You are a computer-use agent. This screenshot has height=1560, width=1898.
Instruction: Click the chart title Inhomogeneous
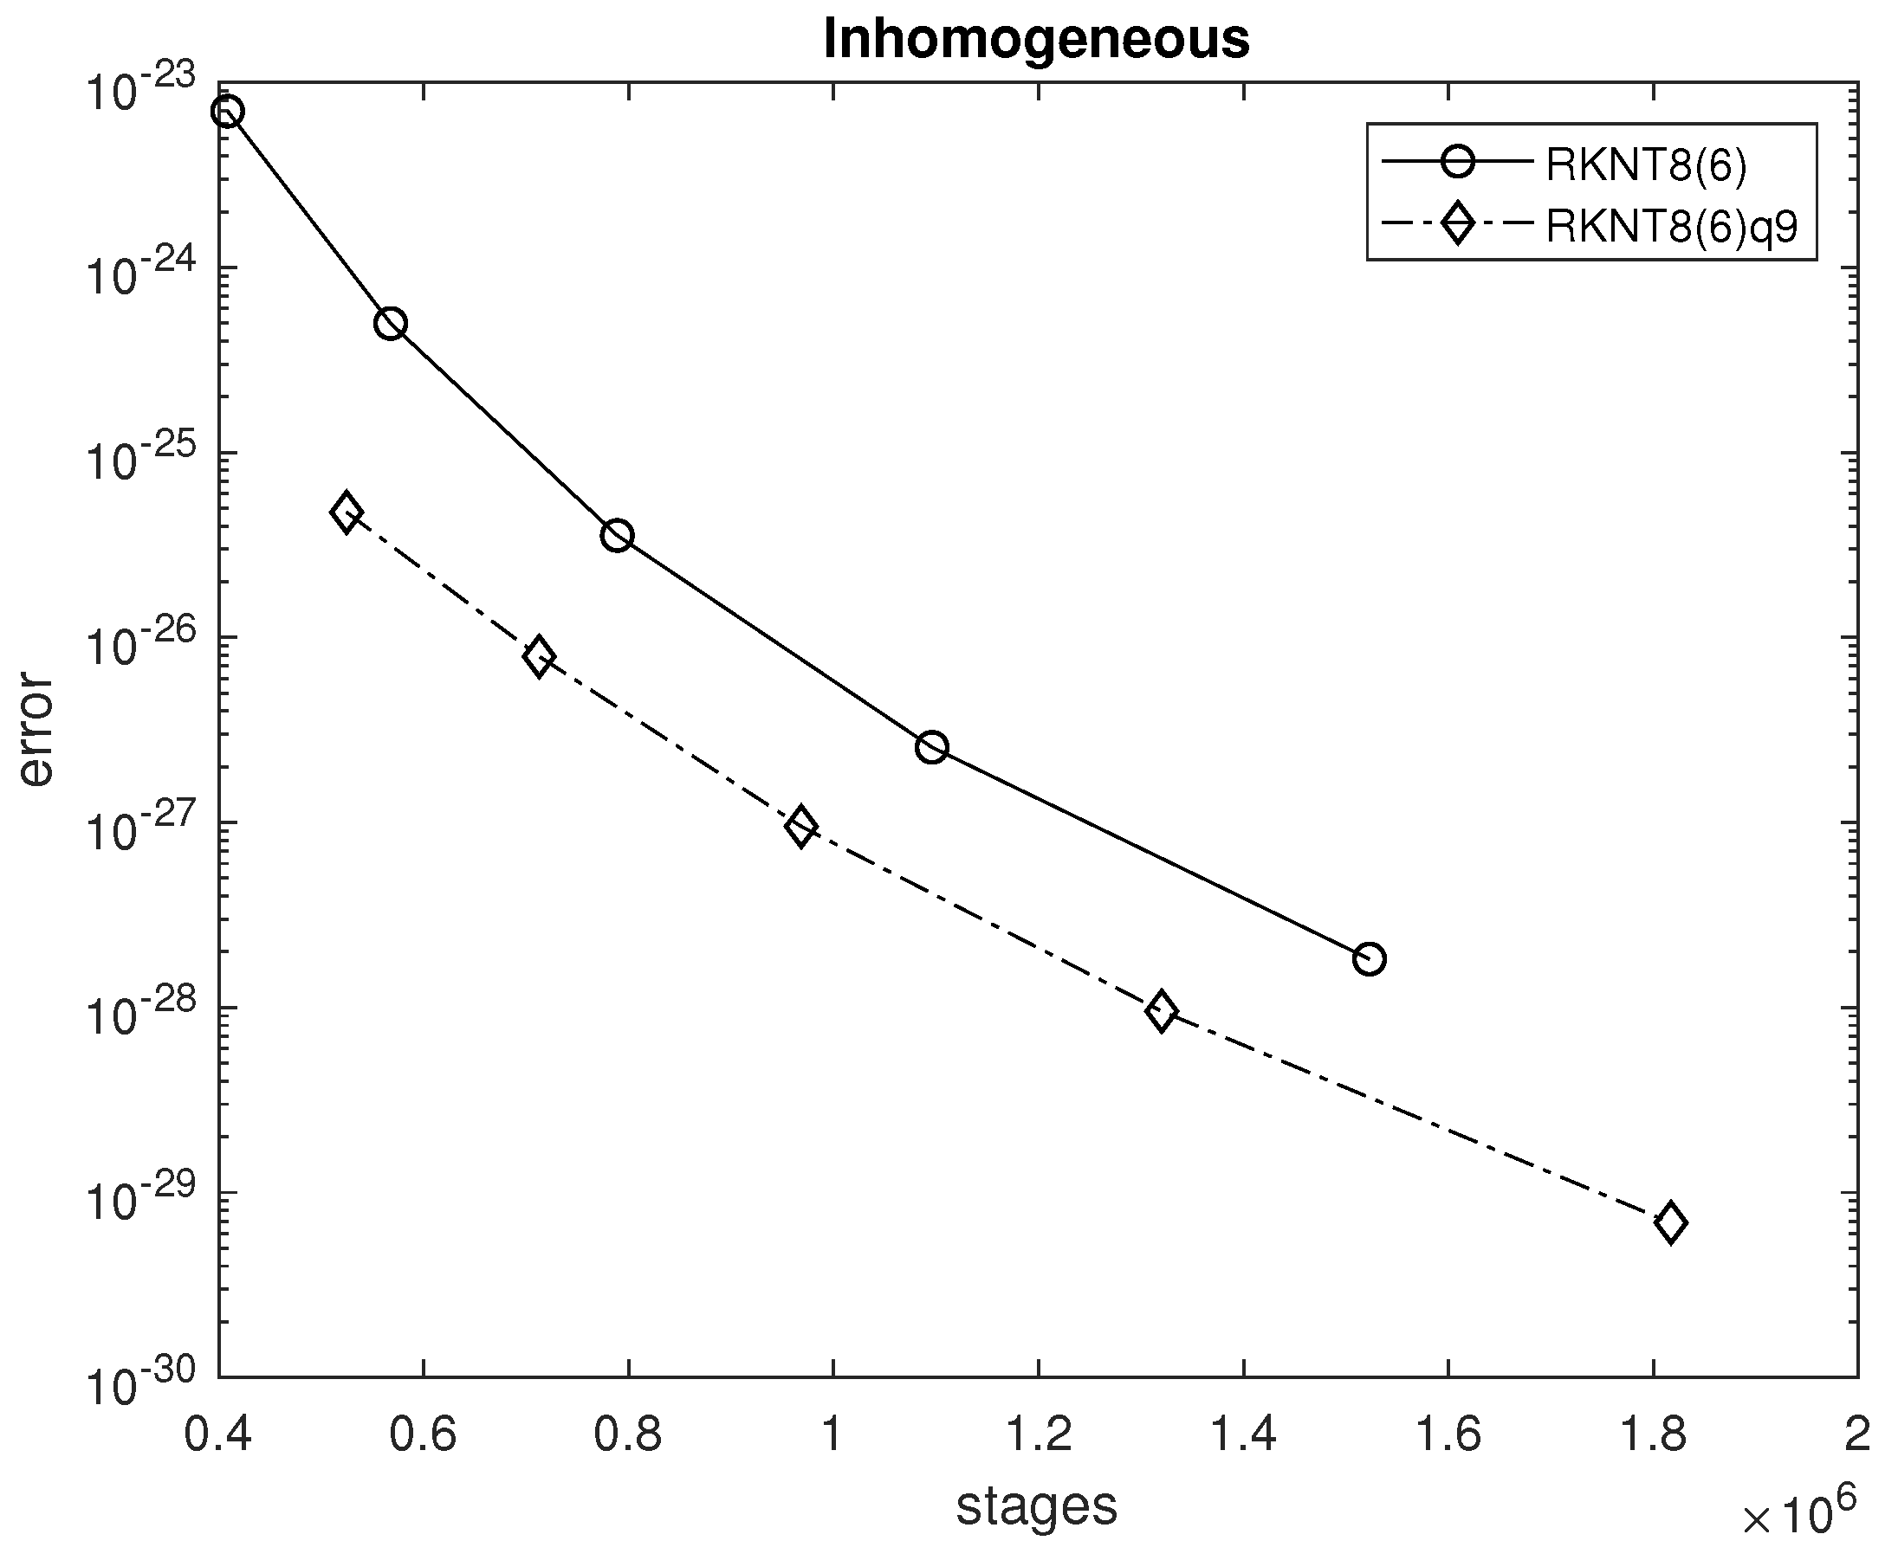click(x=1037, y=40)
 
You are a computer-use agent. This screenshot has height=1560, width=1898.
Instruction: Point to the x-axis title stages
click(x=1037, y=1505)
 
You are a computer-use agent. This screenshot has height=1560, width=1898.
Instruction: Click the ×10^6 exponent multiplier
click(x=1798, y=1515)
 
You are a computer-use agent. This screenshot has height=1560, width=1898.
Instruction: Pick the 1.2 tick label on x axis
click(x=1039, y=1434)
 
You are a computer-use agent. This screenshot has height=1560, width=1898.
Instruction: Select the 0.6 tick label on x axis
click(x=423, y=1434)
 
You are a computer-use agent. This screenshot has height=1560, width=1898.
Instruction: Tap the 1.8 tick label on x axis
click(x=1653, y=1434)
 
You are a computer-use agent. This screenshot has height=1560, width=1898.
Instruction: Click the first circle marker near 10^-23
click(x=227, y=112)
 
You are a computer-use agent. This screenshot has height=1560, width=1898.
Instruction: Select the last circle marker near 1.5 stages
click(x=1369, y=959)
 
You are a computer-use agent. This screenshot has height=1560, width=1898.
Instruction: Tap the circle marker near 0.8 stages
click(x=617, y=537)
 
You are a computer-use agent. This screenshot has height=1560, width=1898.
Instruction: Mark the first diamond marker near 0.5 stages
click(x=347, y=513)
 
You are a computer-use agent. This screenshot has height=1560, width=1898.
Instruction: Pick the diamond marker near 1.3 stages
click(x=1162, y=1011)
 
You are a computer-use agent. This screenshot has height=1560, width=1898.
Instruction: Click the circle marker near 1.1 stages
click(x=932, y=747)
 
